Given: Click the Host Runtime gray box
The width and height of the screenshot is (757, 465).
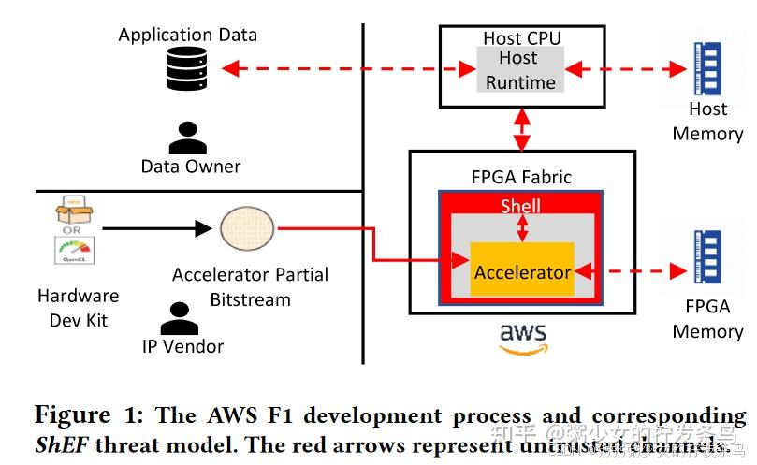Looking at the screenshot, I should click(x=518, y=70).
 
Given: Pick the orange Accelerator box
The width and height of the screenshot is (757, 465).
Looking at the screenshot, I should click(x=521, y=270).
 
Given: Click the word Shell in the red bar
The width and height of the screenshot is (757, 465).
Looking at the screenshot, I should click(x=521, y=205).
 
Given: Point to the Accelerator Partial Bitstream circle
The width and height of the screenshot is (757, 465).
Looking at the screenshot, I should click(x=248, y=228).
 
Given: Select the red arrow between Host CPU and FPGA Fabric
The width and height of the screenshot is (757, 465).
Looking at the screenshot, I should click(x=522, y=129).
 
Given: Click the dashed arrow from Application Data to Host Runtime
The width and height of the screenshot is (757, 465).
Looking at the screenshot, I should click(x=346, y=68).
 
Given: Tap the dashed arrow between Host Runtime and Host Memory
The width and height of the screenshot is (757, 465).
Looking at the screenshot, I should click(x=622, y=68).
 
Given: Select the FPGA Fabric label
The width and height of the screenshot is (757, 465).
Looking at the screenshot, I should click(x=521, y=176).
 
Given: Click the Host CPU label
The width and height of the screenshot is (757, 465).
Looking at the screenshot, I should click(x=521, y=38).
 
